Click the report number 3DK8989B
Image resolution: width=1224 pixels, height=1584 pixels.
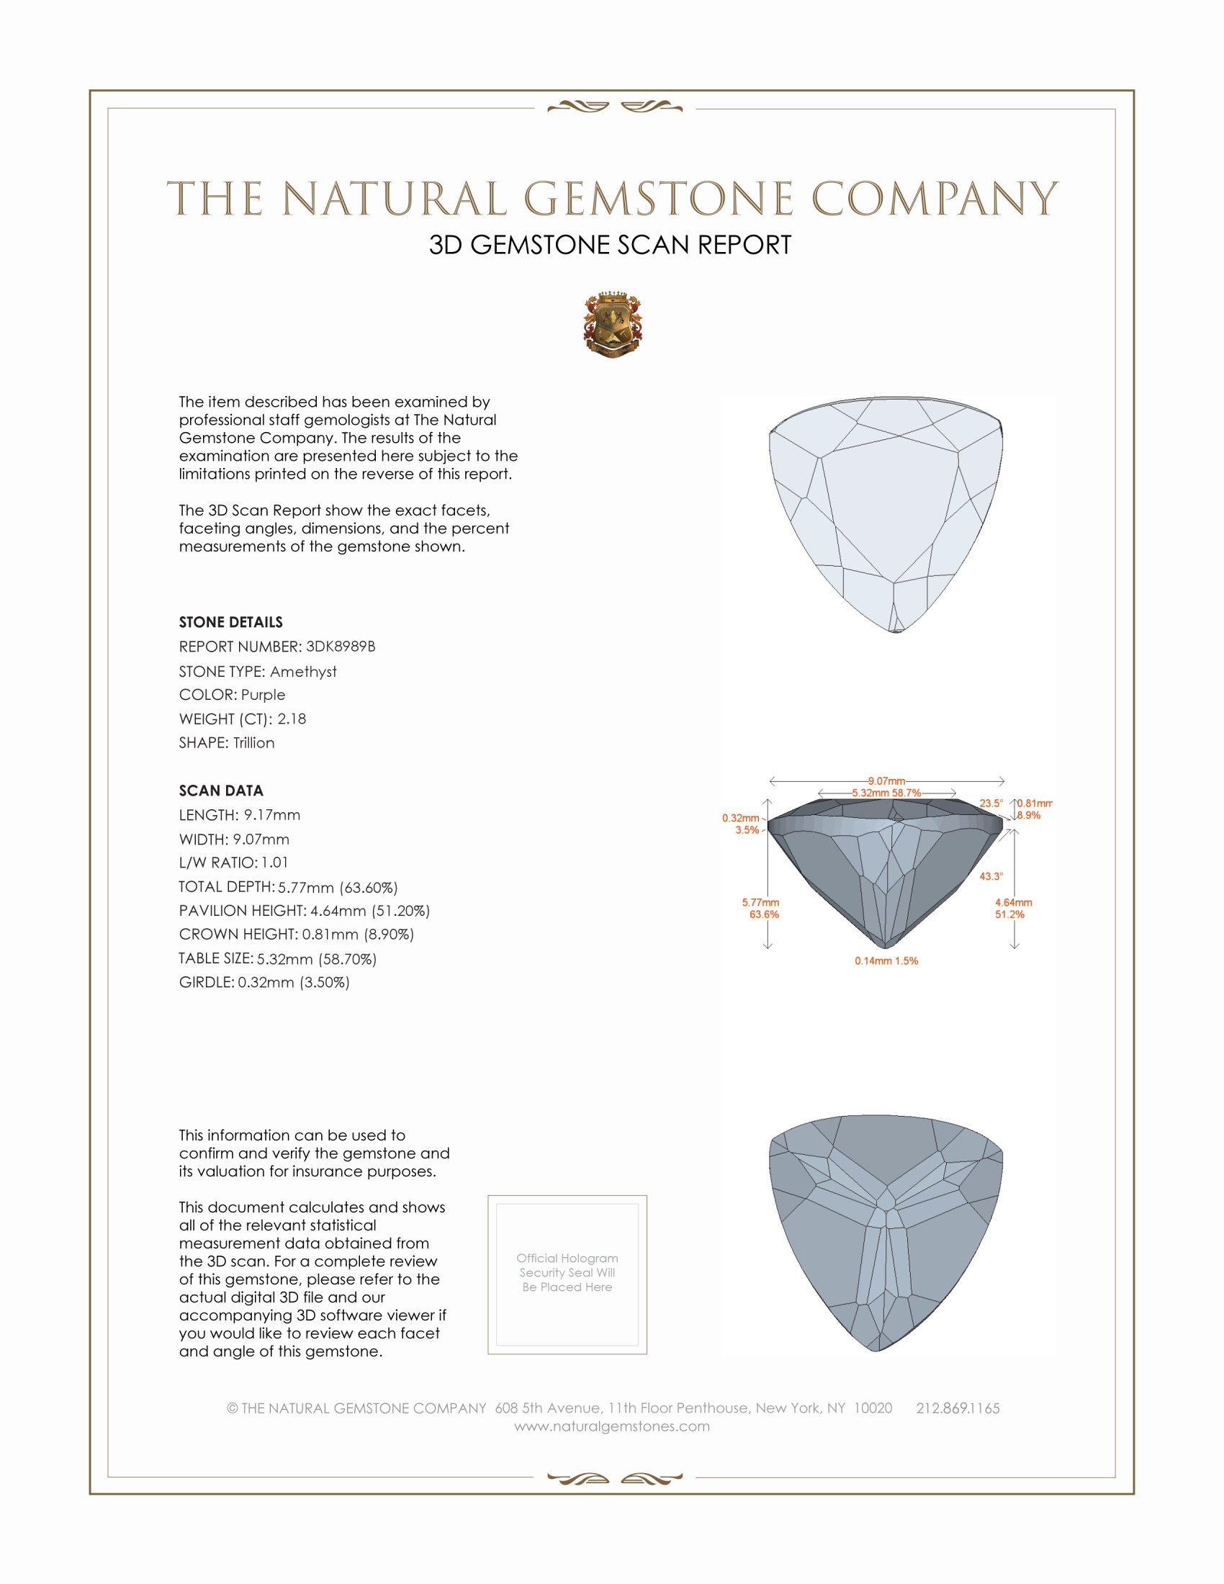(340, 647)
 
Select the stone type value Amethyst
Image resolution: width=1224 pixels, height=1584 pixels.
(303, 672)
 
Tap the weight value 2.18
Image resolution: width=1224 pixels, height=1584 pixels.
(292, 719)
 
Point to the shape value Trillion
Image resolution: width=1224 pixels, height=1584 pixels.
(253, 743)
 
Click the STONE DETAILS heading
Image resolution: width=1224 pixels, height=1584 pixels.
(230, 622)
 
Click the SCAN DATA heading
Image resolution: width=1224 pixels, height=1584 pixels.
(221, 791)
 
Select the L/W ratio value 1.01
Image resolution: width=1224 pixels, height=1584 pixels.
(275, 863)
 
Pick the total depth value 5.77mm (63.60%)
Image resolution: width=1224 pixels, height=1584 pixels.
(338, 887)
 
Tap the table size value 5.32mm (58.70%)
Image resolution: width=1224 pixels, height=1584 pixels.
(317, 959)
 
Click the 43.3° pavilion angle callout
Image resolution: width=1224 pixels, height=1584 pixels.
(991, 876)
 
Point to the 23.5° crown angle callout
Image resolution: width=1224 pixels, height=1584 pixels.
(991, 803)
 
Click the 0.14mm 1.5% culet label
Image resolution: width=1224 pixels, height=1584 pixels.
(886, 961)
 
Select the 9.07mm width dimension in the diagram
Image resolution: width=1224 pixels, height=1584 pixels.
(886, 781)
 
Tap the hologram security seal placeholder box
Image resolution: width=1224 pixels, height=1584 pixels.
(567, 1274)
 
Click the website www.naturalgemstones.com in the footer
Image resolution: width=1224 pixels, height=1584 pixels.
(612, 1426)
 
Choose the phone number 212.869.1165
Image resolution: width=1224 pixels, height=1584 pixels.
(958, 1408)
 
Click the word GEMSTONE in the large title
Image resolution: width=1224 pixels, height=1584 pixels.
(658, 199)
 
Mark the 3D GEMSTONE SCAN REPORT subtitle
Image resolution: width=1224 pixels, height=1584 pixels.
(610, 245)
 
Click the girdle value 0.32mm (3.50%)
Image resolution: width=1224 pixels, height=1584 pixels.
(294, 983)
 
